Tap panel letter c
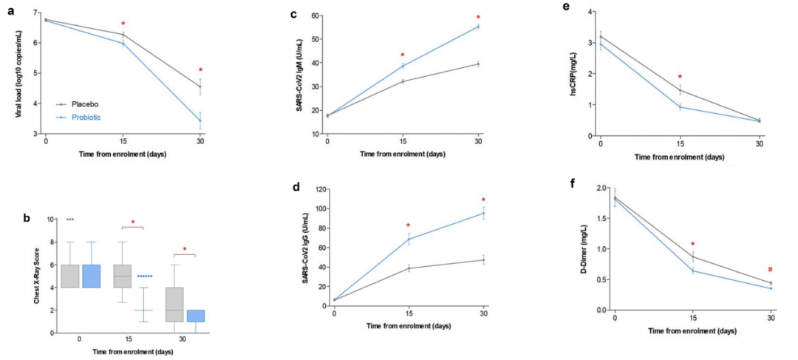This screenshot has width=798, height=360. pos(293,14)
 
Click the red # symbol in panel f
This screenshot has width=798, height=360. pos(769,270)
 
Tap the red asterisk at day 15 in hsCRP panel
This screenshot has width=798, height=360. pos(680,76)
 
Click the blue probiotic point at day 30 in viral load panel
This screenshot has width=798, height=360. pos(199,120)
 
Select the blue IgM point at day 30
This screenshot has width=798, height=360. pos(478,27)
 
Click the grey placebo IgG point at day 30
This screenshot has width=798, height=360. pos(484,260)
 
